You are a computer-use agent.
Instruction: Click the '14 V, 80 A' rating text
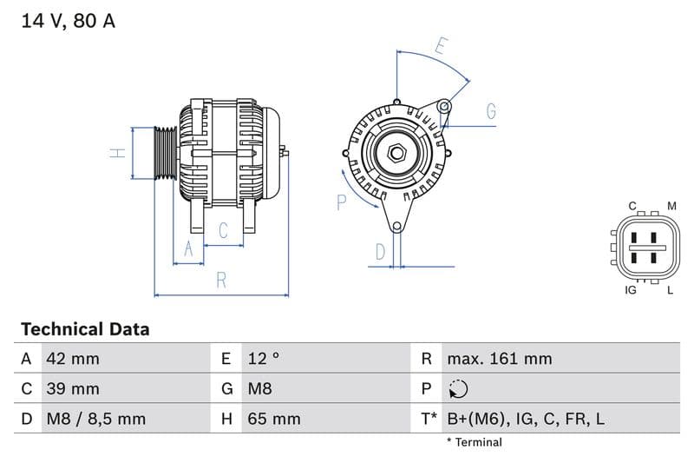68,21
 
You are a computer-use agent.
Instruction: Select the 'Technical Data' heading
85,329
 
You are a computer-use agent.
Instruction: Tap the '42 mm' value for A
73,359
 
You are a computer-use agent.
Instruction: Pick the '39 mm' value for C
73,389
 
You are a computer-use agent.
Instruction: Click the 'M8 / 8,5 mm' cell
95,420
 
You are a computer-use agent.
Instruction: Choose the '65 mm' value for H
273,420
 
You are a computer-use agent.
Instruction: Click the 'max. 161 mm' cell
499,359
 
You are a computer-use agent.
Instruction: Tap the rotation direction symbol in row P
459,389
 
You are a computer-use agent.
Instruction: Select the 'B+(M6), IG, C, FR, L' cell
526,420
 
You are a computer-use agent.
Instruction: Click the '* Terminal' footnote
474,442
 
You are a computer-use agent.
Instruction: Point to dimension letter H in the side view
118,153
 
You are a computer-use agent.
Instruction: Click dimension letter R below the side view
221,281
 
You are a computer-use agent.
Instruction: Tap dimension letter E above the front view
442,46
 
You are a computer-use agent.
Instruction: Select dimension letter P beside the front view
341,202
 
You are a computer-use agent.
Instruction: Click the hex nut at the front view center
397,154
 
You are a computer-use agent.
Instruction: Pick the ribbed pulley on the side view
165,154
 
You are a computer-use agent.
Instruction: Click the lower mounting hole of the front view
396,228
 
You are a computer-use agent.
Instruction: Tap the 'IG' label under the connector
631,290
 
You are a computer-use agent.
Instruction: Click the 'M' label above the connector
671,206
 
